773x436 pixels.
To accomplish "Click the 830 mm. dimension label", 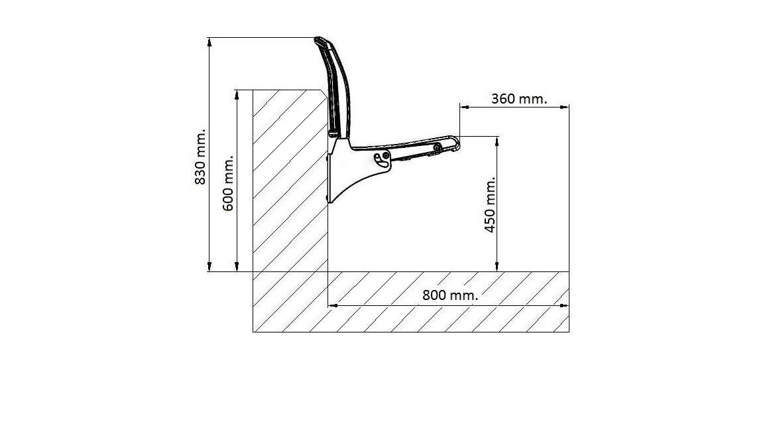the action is pos(200,157).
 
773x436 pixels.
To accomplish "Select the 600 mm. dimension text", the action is pos(228,183).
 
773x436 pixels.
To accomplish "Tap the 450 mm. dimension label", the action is pos(490,204).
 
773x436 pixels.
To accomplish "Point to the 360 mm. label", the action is pos(519,99).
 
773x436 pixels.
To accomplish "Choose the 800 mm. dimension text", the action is pos(450,295).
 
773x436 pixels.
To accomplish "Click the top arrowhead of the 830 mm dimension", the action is pos(209,41).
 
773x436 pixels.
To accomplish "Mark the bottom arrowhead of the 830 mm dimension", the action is pos(209,267).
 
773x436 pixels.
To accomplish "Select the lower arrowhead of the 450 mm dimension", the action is pos(497,267).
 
